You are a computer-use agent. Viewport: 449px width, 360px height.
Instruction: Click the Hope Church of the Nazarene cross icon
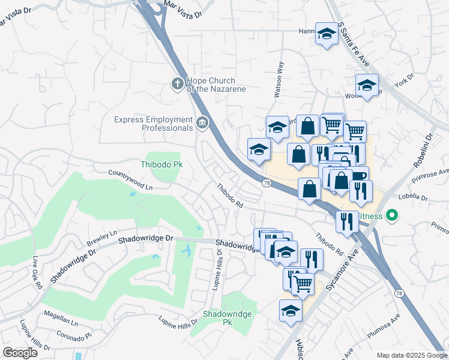click(177, 84)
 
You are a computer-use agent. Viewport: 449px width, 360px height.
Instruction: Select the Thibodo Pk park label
click(161, 164)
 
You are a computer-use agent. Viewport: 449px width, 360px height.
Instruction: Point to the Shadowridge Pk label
click(227, 317)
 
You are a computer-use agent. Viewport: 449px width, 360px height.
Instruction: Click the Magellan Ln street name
click(62, 322)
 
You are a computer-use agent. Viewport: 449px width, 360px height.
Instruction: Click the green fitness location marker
click(393, 214)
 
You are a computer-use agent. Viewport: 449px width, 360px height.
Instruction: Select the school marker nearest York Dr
click(367, 85)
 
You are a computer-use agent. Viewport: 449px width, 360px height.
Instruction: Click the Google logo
click(20, 352)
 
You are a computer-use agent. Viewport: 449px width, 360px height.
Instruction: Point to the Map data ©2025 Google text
click(411, 355)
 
